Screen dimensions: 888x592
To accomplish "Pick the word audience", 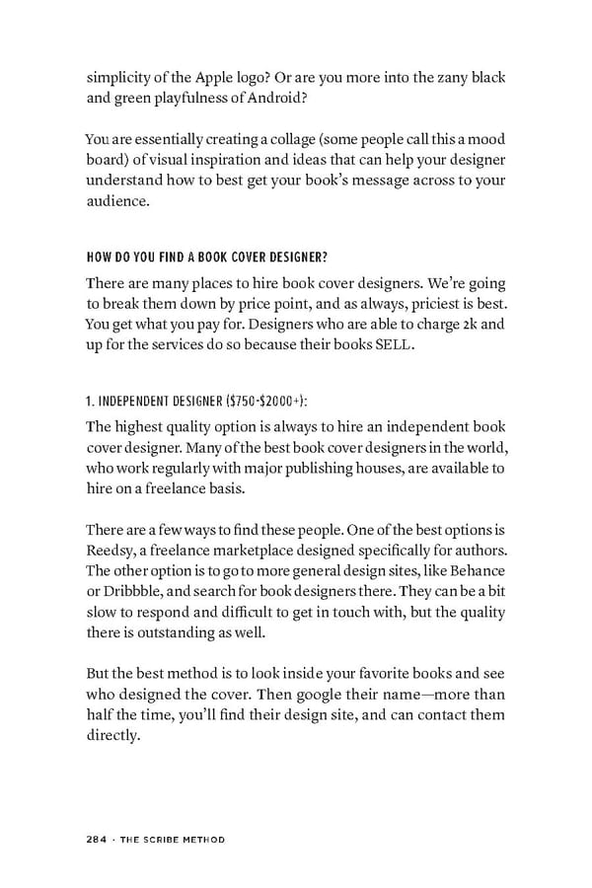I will click(x=119, y=202).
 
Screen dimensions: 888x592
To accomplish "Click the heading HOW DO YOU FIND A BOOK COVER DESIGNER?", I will click(x=206, y=259).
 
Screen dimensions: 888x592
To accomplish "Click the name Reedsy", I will click(x=109, y=551).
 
